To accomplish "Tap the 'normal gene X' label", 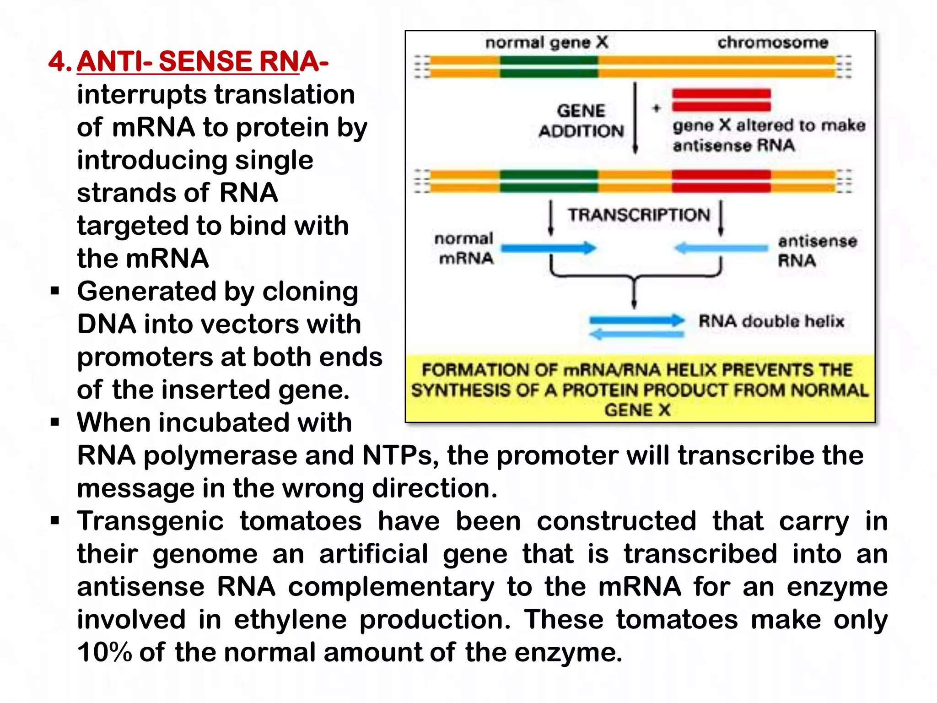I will (547, 43).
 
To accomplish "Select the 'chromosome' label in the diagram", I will (773, 43).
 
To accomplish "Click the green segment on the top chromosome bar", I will (549, 66).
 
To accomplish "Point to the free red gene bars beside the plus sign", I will (721, 100).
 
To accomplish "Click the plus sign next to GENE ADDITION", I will (657, 108).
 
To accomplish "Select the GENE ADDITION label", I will (581, 121).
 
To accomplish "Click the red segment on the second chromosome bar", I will (721, 181).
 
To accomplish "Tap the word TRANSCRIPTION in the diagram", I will (639, 215).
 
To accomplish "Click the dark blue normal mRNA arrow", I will (549, 249).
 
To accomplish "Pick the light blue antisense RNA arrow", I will (721, 249).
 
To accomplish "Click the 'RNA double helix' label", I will (771, 321).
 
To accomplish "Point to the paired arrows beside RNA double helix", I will (636, 327).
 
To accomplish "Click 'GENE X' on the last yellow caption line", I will (637, 410).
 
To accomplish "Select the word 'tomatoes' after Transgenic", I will (301, 521).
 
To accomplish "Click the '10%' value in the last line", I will (104, 652).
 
